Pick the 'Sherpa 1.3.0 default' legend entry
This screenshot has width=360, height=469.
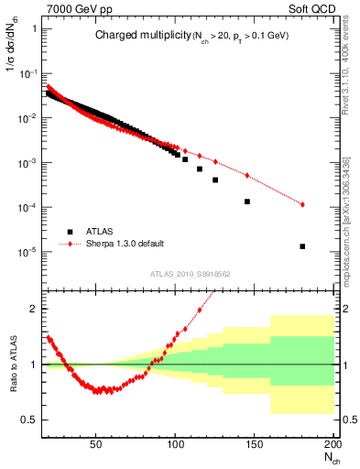point(124,244)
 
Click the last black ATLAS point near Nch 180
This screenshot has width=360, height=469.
point(302,246)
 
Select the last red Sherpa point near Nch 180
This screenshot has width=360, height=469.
point(302,204)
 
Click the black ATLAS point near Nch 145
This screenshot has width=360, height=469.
point(246,202)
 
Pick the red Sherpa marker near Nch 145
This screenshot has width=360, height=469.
point(246,175)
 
